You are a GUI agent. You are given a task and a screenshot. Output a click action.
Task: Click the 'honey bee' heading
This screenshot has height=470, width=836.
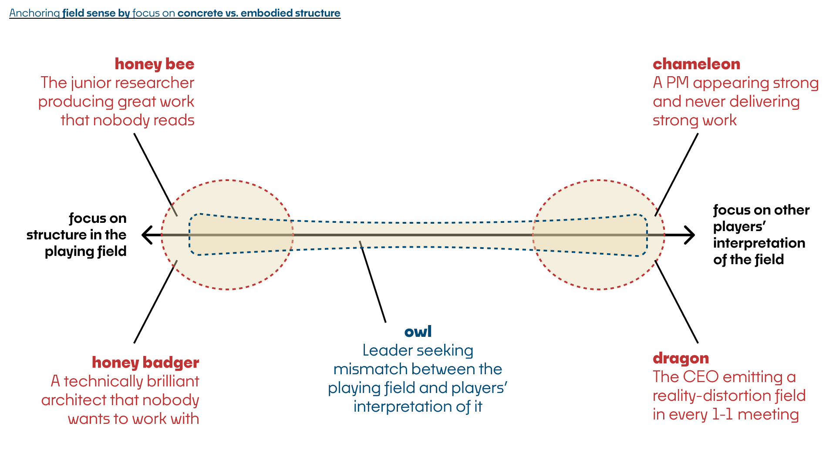[x=155, y=64]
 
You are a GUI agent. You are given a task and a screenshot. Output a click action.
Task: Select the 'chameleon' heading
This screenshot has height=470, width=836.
[x=696, y=64]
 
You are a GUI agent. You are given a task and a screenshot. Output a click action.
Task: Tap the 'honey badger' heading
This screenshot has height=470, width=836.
[x=145, y=363]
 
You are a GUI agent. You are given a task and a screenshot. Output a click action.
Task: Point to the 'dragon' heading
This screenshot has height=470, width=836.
[x=681, y=358]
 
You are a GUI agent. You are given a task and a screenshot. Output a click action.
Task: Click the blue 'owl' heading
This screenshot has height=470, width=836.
[x=418, y=332]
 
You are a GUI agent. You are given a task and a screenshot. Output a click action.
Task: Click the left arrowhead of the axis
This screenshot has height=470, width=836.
[x=147, y=235]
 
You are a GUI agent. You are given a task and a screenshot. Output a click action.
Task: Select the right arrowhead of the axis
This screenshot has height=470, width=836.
[x=689, y=235]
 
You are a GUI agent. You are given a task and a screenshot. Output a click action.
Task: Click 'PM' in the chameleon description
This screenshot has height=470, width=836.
[x=677, y=83]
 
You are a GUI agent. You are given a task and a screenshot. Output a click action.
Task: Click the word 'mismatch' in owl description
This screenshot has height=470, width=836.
[x=366, y=369]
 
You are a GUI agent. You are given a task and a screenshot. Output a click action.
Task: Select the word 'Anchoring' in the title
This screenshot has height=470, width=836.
[x=34, y=13]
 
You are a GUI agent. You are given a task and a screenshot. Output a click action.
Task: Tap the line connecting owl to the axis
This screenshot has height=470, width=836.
[x=373, y=282]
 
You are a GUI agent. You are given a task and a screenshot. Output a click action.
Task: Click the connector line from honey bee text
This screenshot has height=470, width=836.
[x=155, y=175]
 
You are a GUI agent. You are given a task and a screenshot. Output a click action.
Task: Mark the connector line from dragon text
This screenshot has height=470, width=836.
[x=677, y=302]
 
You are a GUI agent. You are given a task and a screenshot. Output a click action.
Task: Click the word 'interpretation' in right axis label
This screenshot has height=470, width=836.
[x=759, y=243]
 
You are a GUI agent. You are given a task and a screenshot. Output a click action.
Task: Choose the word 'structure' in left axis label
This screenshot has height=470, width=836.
[x=58, y=235]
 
